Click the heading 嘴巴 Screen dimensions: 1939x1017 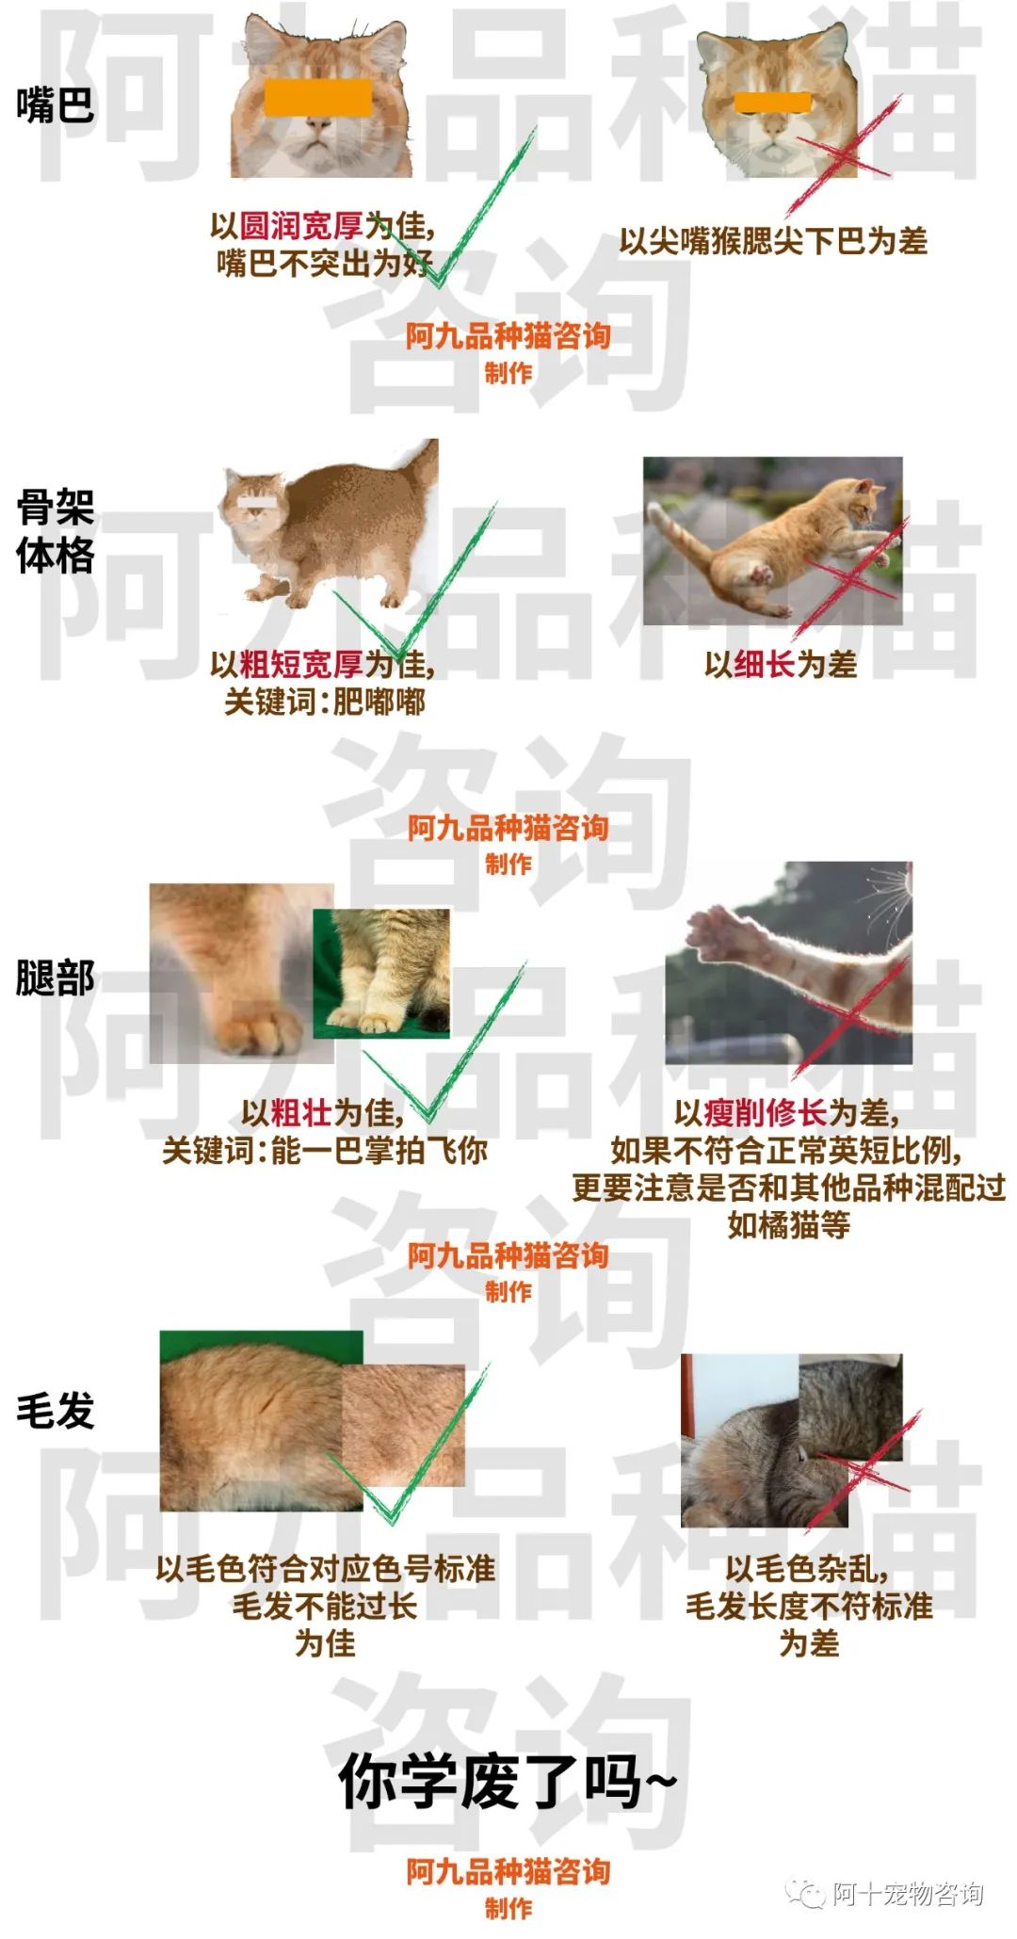[56, 104]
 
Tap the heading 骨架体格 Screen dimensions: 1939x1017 [56, 532]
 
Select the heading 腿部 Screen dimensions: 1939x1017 [56, 978]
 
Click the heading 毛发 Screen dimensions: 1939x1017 [56, 1411]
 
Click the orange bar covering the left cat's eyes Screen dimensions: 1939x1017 [318, 98]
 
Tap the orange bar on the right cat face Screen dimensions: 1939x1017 [772, 102]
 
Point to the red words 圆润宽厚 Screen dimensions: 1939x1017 [301, 226]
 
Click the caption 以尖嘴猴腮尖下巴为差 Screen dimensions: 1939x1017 [772, 241]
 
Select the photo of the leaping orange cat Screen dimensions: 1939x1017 [772, 541]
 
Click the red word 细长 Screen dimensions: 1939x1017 [765, 665]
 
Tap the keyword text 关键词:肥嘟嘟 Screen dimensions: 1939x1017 [325, 702]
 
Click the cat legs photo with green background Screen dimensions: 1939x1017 [381, 973]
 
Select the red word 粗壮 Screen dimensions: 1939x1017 [301, 1113]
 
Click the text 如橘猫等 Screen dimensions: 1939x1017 [788, 1225]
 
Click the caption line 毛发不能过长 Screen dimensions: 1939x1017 [325, 1606]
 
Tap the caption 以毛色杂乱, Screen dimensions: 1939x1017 [807, 1569]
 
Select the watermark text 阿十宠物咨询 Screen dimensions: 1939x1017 [907, 1894]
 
